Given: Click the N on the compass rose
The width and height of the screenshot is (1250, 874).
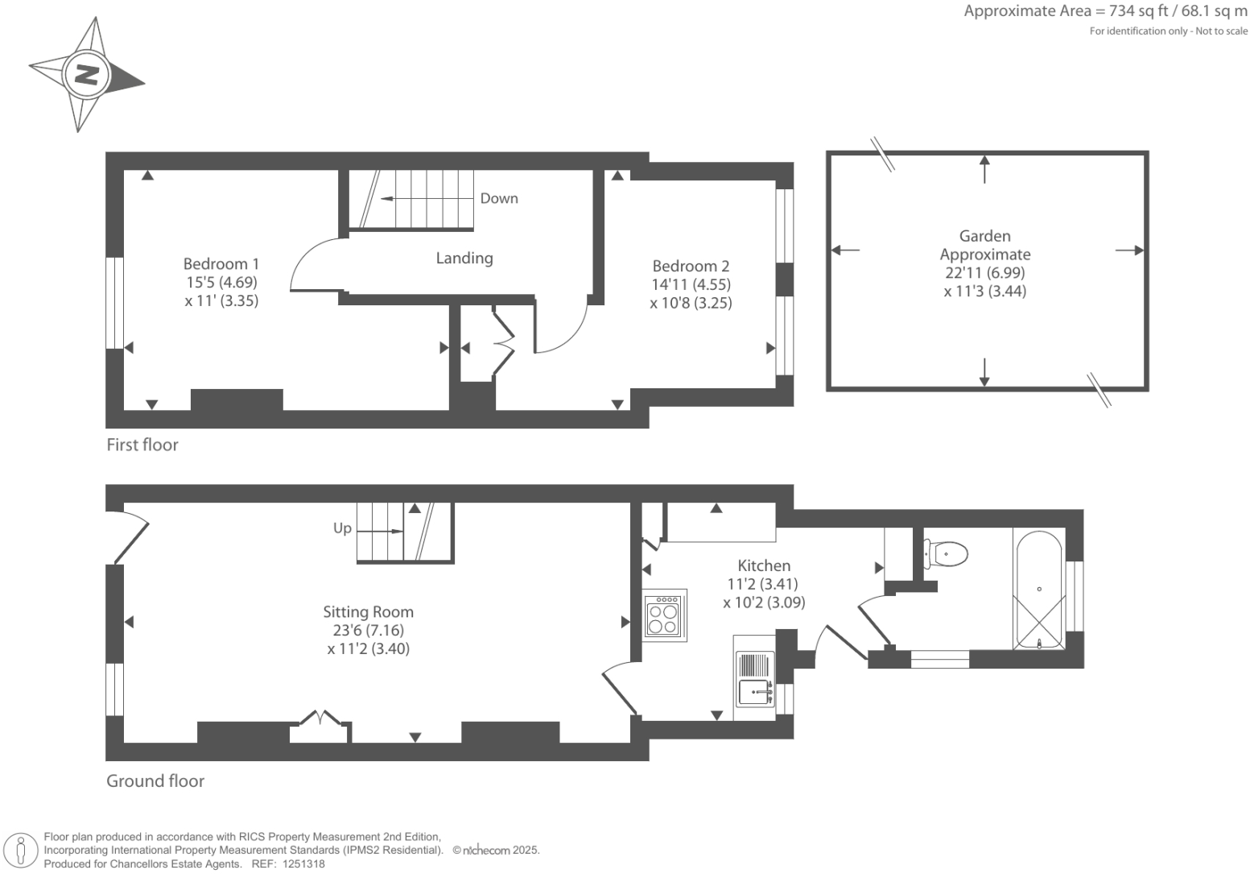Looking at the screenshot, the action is (86, 74).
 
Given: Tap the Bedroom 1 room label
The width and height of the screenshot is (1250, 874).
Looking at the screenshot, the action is (221, 263).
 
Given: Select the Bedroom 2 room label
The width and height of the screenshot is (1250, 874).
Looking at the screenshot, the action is (691, 266).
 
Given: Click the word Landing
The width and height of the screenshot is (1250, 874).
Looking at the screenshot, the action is (464, 258).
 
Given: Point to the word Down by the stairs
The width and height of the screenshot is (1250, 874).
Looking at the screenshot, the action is (499, 198).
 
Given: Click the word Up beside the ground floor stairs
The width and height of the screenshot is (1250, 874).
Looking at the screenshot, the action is (342, 528).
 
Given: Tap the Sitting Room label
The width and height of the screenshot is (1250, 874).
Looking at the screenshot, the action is (369, 612).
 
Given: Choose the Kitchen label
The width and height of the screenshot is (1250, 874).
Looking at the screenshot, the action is (764, 565).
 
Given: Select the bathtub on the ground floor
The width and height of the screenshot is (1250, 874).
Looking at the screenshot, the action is (1039, 590).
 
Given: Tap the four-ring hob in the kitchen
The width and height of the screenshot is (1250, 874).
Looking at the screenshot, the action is (663, 615).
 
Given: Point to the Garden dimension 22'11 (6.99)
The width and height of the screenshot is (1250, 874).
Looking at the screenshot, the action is (985, 272).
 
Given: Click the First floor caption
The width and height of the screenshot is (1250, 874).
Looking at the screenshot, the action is (142, 445).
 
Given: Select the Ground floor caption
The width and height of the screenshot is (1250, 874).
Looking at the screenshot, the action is (155, 781).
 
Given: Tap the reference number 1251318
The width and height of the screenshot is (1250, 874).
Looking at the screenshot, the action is (303, 864).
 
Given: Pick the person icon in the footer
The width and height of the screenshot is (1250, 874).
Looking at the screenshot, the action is (21, 851).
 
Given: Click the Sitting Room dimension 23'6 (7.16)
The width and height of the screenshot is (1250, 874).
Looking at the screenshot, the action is (369, 631).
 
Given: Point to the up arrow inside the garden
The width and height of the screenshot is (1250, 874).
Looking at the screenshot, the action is (984, 169).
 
